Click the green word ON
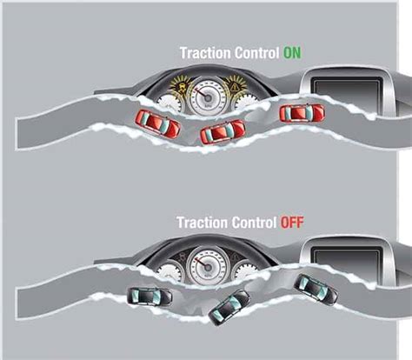(x=292, y=53)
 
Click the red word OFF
(x=292, y=223)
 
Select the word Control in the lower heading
(x=254, y=223)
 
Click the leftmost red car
(x=158, y=123)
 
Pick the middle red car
(x=223, y=132)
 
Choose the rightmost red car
(x=302, y=113)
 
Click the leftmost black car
(x=150, y=296)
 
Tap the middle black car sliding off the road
(x=229, y=307)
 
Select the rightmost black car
(x=316, y=290)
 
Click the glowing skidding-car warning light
(x=182, y=86)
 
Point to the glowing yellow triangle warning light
(x=236, y=86)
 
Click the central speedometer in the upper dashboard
(x=208, y=97)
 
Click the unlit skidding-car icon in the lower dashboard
(x=183, y=257)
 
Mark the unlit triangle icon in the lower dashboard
(x=236, y=257)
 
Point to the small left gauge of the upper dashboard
(x=171, y=103)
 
